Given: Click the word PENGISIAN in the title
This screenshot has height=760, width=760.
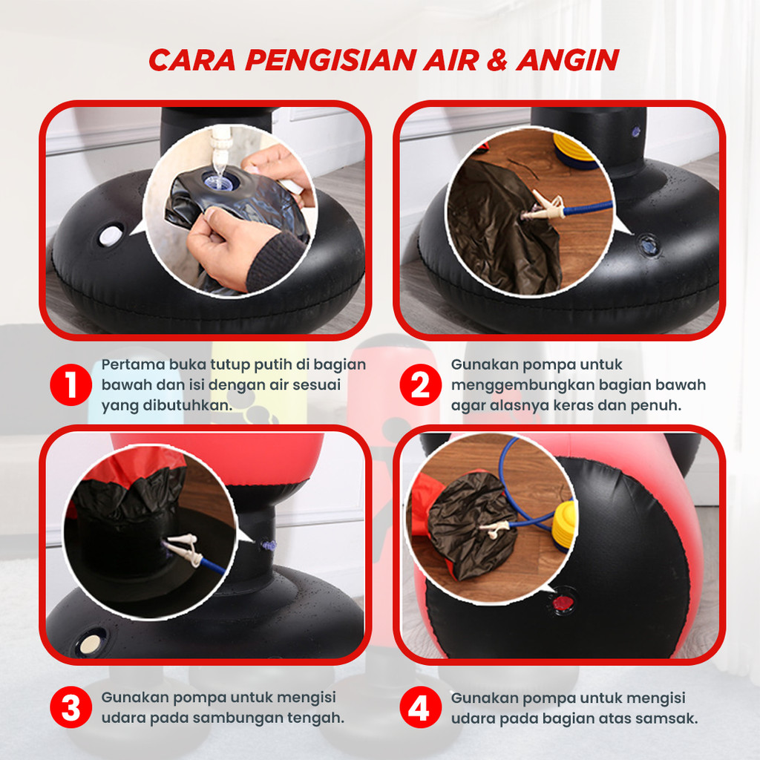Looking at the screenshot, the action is coord(330,60).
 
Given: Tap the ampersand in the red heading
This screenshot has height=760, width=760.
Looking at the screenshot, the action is coord(497,60).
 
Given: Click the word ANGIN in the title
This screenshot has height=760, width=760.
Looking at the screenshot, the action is coord(568,60).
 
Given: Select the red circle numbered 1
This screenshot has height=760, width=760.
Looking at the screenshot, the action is coord(71,385).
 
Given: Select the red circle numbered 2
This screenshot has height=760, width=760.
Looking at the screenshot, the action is coord(420,385).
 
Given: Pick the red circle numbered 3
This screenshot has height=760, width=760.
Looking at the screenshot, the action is coord(71,707).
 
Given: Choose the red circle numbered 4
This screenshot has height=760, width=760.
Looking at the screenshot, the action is coord(420,707).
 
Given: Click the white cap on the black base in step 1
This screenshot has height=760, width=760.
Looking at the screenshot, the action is coord(111,236).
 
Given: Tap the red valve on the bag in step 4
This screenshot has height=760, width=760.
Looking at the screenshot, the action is coord(563,604).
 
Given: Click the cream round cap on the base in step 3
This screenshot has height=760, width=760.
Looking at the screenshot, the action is coord(90,643).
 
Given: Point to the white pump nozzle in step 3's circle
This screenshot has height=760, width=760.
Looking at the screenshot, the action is coord(184,548).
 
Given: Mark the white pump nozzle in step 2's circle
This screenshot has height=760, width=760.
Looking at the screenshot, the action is coord(546,206).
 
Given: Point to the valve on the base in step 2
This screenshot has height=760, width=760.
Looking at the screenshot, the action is coord(649,246).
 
